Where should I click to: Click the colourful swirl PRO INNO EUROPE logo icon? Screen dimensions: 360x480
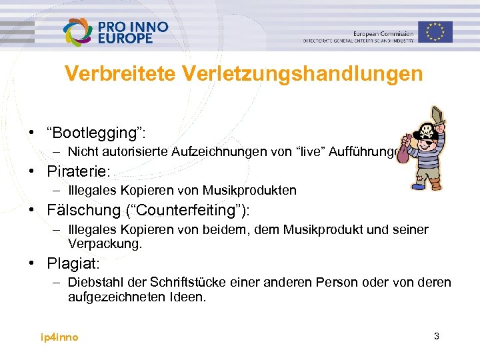point(79,31)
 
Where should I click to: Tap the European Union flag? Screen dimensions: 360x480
point(435,31)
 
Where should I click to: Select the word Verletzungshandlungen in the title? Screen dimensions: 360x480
point(296,73)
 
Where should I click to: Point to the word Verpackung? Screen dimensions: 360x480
point(103,244)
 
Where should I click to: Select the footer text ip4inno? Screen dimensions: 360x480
point(59,337)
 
